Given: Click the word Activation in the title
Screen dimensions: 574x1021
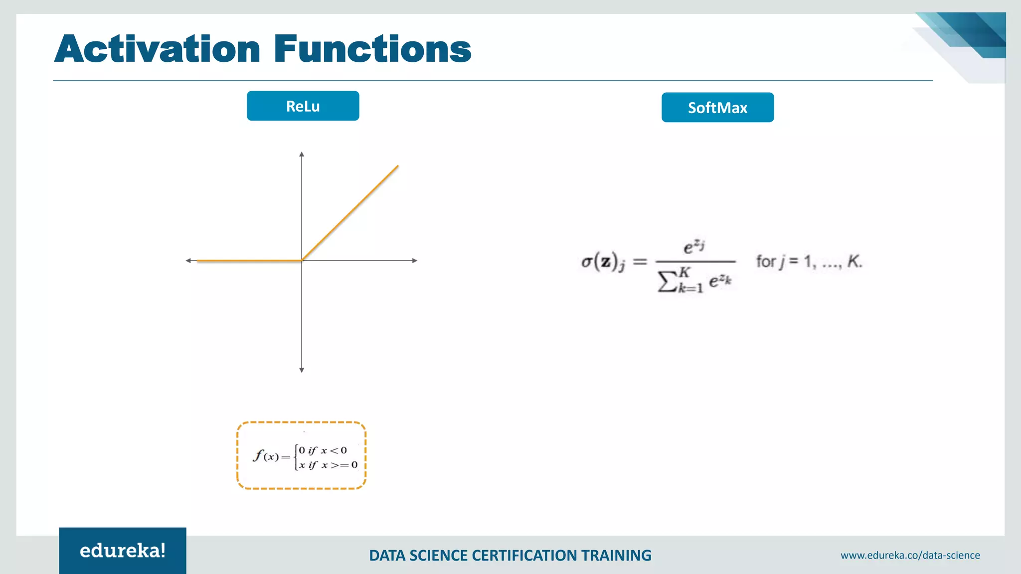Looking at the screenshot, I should pyautogui.click(x=157, y=49).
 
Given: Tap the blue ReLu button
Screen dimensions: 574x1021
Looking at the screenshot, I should pyautogui.click(x=303, y=106).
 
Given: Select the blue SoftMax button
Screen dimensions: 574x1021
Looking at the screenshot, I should pyautogui.click(x=717, y=107).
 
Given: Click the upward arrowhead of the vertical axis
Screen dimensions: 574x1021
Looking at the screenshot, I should pyautogui.click(x=302, y=154).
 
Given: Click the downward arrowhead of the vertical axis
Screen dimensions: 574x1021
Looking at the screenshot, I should pyautogui.click(x=302, y=370).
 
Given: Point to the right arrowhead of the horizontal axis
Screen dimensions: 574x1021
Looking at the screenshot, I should pyautogui.click(x=414, y=261).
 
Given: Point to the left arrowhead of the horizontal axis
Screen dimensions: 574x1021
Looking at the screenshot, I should pyautogui.click(x=188, y=261).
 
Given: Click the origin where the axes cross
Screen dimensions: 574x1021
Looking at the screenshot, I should pyautogui.click(x=302, y=261).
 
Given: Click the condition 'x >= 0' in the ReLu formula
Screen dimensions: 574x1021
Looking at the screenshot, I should pyautogui.click(x=340, y=465).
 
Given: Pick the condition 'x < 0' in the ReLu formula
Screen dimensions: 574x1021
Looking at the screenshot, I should pyautogui.click(x=334, y=450).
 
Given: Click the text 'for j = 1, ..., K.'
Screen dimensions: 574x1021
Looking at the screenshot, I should pyautogui.click(x=809, y=261).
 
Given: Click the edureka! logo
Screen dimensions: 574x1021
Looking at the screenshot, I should pyautogui.click(x=123, y=551).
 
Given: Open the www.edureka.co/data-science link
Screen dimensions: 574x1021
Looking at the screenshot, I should pyautogui.click(x=910, y=555).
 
